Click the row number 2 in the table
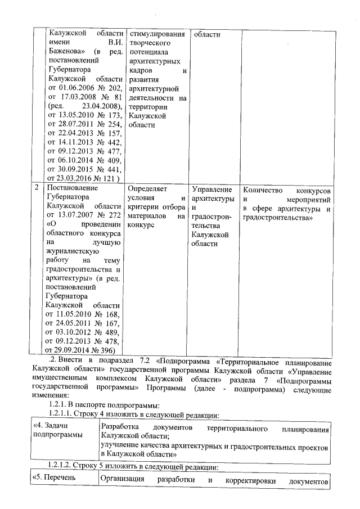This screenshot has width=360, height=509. coord(37,188)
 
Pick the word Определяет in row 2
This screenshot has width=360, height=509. coord(148,188)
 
